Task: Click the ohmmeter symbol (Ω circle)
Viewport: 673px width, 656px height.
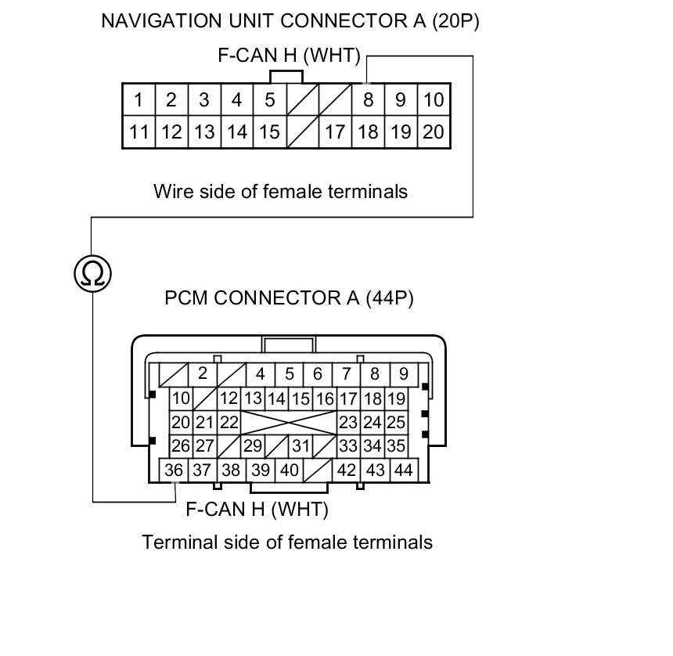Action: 93,273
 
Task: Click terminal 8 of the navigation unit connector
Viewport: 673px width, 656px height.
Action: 368,100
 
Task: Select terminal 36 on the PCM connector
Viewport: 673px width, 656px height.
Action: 174,470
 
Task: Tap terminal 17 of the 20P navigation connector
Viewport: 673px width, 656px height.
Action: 335,132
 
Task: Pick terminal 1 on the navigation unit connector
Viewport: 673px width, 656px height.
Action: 139,100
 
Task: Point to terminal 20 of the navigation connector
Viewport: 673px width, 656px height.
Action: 434,132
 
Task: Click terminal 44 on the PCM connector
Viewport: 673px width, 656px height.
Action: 403,470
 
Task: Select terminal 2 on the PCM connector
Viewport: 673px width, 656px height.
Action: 202,373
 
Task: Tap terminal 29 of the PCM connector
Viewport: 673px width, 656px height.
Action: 252,446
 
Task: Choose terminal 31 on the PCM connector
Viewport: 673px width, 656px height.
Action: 301,446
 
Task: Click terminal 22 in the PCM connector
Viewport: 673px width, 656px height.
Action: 229,423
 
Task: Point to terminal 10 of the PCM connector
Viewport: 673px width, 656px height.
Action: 181,398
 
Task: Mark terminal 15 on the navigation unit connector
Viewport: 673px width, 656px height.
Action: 269,132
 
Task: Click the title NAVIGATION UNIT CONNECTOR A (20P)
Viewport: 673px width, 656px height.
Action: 290,21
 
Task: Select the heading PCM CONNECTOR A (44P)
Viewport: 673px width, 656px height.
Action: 289,298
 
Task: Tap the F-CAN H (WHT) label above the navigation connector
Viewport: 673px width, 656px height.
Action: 289,56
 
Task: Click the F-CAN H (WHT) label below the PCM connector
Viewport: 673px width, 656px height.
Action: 257,510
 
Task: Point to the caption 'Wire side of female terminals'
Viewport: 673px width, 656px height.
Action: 280,191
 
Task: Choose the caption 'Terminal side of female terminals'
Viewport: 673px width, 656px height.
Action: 287,542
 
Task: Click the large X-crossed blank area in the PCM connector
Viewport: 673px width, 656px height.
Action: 289,423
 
